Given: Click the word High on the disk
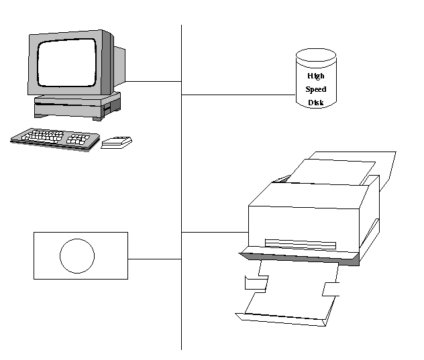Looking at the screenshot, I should (315, 76).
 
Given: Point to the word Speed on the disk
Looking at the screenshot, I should (315, 89).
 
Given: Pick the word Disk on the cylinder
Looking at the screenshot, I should (315, 103).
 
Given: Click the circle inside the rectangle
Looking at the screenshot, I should (77, 255).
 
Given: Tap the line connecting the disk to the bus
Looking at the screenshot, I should (238, 95).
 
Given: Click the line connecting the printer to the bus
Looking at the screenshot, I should (215, 232).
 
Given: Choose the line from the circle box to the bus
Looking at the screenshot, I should (154, 258).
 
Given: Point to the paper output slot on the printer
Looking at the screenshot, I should (300, 243).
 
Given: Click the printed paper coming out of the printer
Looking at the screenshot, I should (288, 295).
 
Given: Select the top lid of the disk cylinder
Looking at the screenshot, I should (317, 55).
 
